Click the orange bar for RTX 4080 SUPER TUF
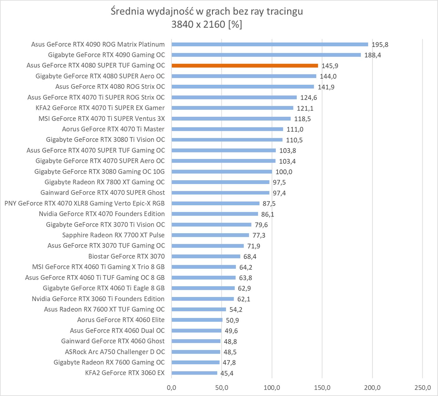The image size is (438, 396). [245, 66]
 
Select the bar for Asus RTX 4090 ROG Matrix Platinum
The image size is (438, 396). [270, 44]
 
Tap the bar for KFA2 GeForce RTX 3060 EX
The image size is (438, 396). [194, 373]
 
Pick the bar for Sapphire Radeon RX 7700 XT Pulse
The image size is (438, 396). [210, 235]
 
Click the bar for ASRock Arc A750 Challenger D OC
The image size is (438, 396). [196, 352]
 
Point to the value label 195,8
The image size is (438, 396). [380, 45]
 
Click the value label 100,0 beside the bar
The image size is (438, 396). [284, 172]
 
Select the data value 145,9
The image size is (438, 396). [330, 66]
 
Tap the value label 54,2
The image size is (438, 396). [236, 310]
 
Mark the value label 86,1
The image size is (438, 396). [267, 214]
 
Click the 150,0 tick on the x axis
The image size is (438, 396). [322, 388]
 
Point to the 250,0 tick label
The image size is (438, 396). [423, 388]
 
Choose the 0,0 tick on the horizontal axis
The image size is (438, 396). [171, 388]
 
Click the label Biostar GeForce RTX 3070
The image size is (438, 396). [126, 256]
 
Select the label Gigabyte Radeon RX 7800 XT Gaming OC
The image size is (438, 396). [105, 182]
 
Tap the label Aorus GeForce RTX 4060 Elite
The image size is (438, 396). [121, 320]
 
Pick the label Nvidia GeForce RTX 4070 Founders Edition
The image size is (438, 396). [102, 214]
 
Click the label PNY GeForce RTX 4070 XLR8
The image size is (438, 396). [84, 203]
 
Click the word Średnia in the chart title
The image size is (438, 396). [128, 12]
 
